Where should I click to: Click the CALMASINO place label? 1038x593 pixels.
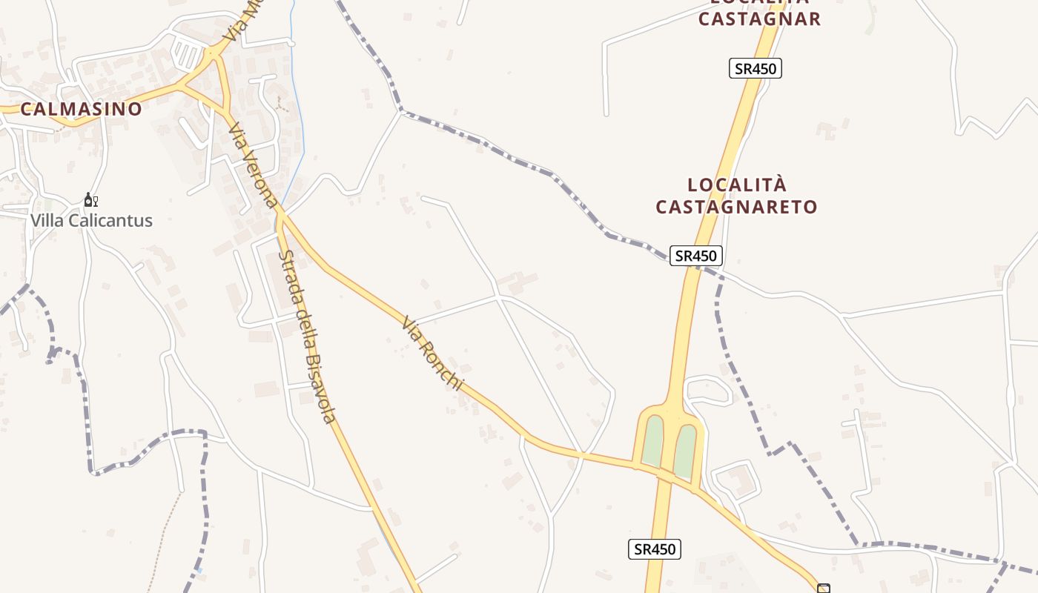pos(81,109)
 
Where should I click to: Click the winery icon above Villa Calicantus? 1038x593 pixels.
pos(90,200)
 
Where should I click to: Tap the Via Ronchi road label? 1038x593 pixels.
pos(432,354)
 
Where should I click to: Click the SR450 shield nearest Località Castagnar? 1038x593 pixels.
pos(755,69)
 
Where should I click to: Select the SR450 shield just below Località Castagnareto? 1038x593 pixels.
pos(696,256)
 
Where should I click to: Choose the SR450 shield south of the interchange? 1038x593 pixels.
pos(655,549)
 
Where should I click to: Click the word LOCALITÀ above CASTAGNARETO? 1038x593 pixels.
pos(736,185)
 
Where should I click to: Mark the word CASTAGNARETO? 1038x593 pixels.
pos(736,207)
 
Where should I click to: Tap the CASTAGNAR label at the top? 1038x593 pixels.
pos(759,19)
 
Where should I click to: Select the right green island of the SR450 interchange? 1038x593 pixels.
pos(685,448)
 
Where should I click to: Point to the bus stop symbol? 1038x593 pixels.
pos(823,589)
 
